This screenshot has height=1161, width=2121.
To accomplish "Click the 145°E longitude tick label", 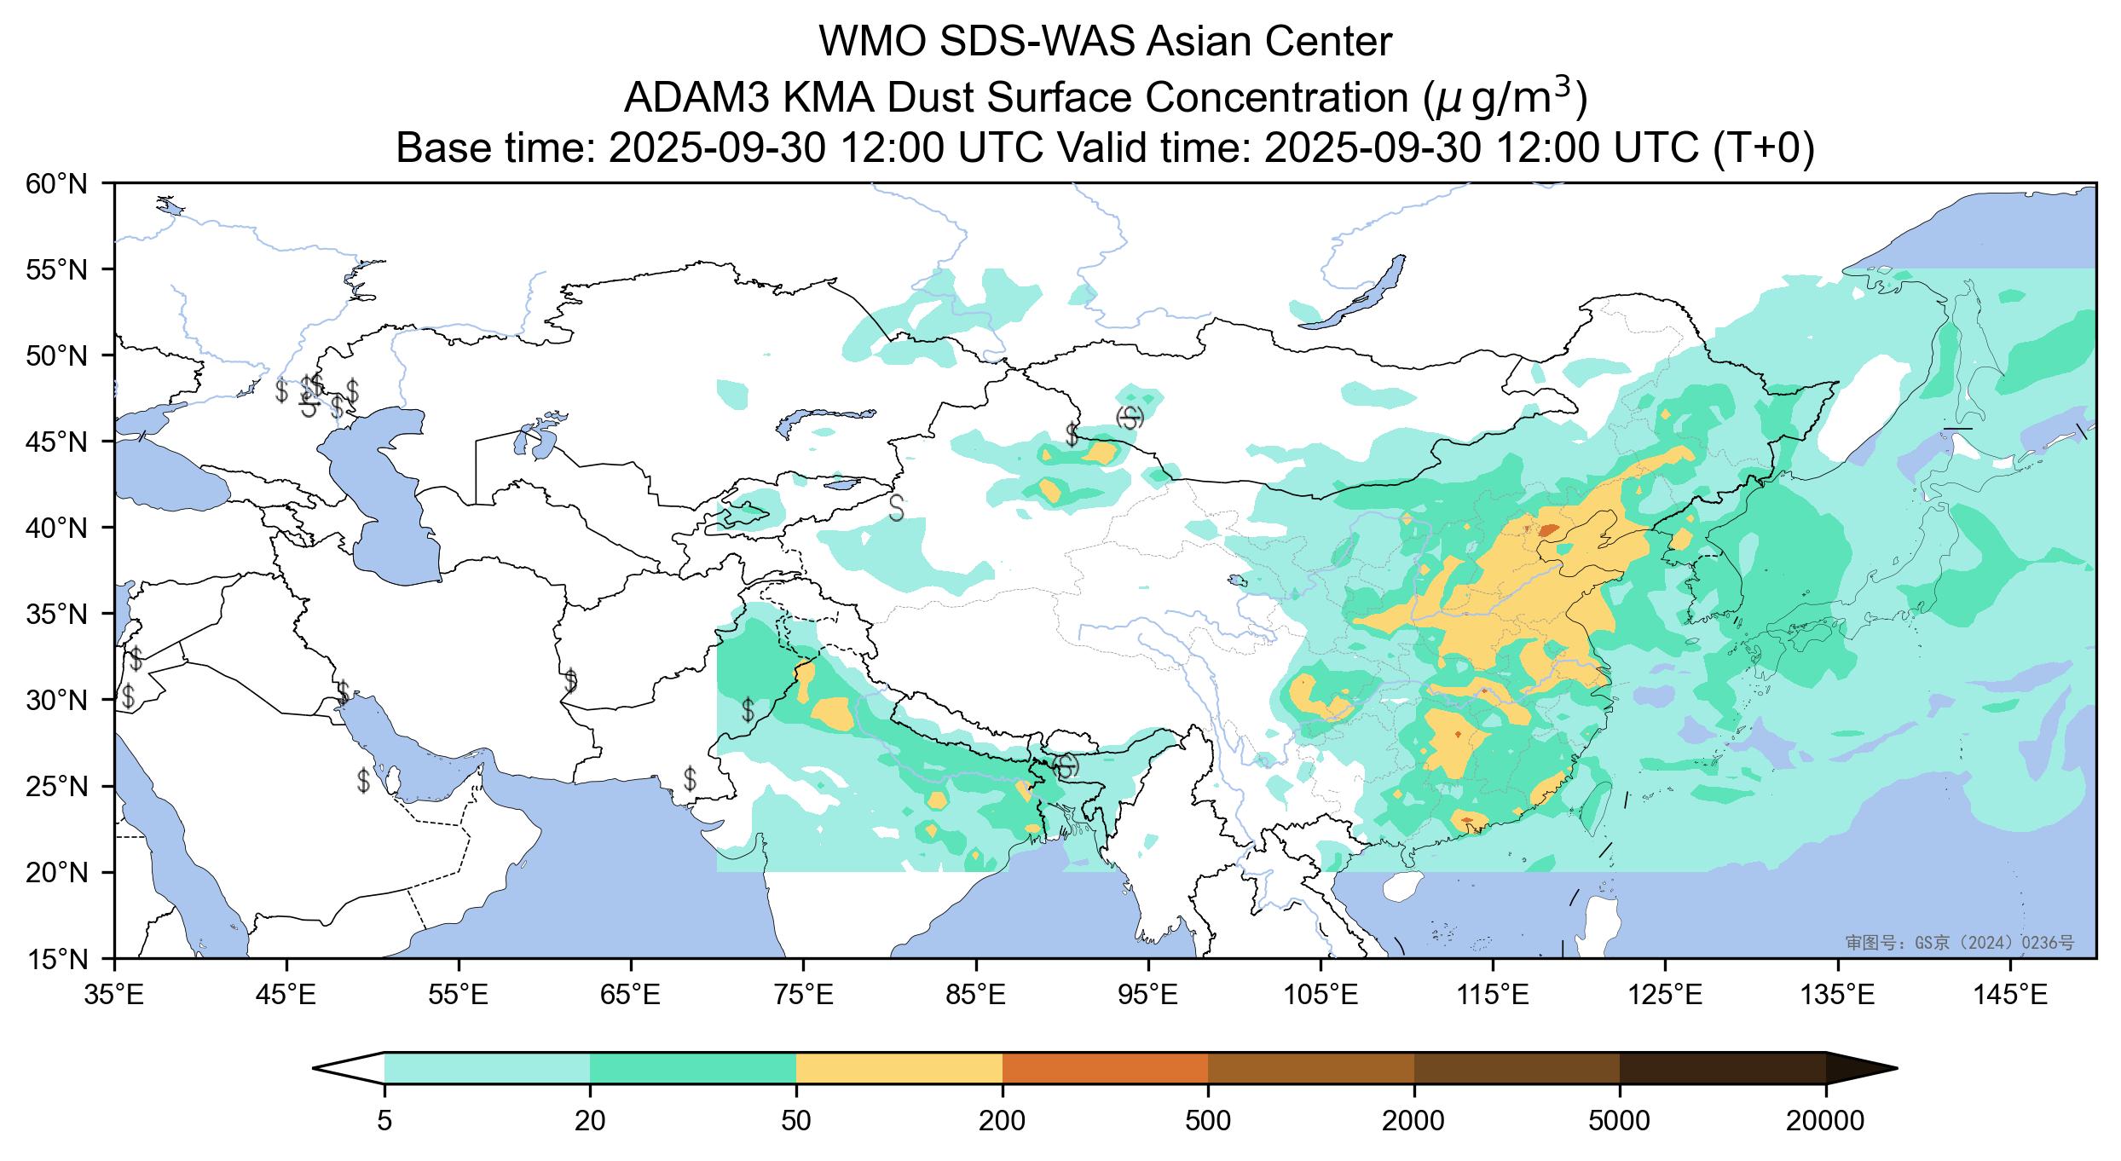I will (2012, 995).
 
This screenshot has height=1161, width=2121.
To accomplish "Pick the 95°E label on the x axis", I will (1149, 995).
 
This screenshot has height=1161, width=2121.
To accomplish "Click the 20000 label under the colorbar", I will (1825, 1121).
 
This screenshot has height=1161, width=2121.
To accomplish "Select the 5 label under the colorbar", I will (384, 1121).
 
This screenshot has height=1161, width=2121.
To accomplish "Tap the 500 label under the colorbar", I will (1208, 1121).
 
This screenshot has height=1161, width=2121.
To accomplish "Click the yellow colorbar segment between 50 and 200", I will (899, 1068).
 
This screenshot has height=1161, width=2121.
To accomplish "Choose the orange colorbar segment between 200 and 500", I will (1105, 1068).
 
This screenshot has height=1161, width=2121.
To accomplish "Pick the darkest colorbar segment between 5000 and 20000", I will (1722, 1068).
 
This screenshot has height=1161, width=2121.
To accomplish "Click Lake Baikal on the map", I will (1355, 294).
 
